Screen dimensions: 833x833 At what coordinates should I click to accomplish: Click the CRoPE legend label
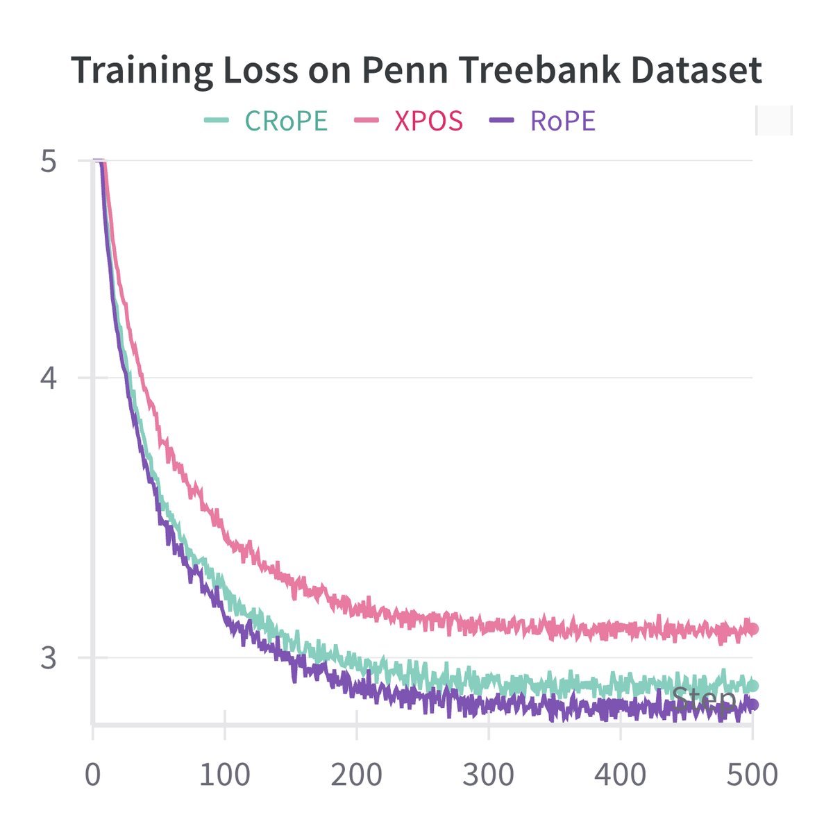pos(286,121)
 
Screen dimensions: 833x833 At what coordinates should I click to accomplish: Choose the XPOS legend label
pos(428,121)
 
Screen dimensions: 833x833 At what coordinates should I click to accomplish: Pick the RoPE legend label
pos(562,121)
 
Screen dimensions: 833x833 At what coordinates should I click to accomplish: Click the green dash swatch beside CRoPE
pos(216,121)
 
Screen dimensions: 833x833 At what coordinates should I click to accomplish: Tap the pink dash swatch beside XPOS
pos(366,121)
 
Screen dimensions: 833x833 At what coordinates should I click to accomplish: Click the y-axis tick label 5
pos(48,162)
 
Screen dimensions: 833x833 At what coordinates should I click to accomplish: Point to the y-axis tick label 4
pos(48,378)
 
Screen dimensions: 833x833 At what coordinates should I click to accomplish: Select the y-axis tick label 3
pos(48,657)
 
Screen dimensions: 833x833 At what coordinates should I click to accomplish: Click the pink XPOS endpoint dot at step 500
pos(752,630)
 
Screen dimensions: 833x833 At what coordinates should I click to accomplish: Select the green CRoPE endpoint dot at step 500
pos(752,686)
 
